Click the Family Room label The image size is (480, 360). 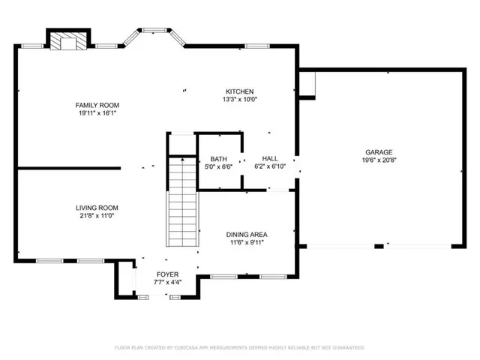click(x=97, y=105)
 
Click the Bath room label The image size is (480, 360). click(x=218, y=158)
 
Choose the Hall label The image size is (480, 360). click(x=271, y=158)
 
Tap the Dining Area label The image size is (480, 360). click(x=247, y=235)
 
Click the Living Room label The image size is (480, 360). click(x=97, y=208)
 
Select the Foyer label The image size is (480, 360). click(x=166, y=274)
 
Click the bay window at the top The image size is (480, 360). click(x=155, y=34)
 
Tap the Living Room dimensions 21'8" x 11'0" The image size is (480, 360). click(x=97, y=216)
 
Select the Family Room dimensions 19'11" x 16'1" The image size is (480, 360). click(x=97, y=113)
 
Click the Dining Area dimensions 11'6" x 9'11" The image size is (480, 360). click(x=247, y=243)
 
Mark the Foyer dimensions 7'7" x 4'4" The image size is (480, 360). click(x=166, y=283)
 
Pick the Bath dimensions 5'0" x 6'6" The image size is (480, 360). click(x=218, y=166)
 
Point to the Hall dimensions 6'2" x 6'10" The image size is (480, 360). click(x=271, y=166)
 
